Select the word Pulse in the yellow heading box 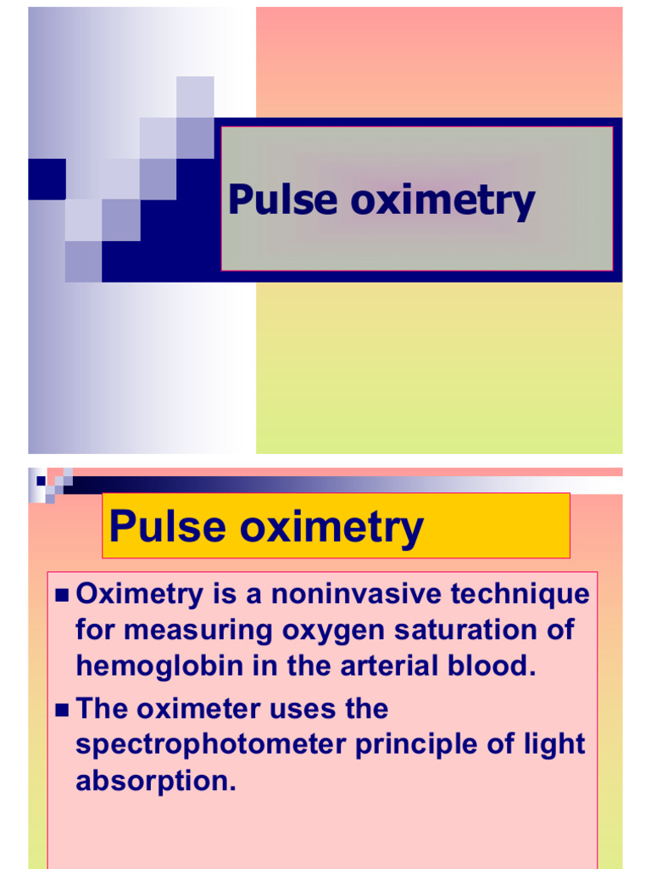[x=168, y=527]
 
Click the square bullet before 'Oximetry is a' [x=61, y=595]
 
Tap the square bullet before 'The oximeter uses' [x=61, y=709]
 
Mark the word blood [x=496, y=666]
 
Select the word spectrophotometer [x=210, y=744]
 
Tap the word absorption [x=155, y=781]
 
